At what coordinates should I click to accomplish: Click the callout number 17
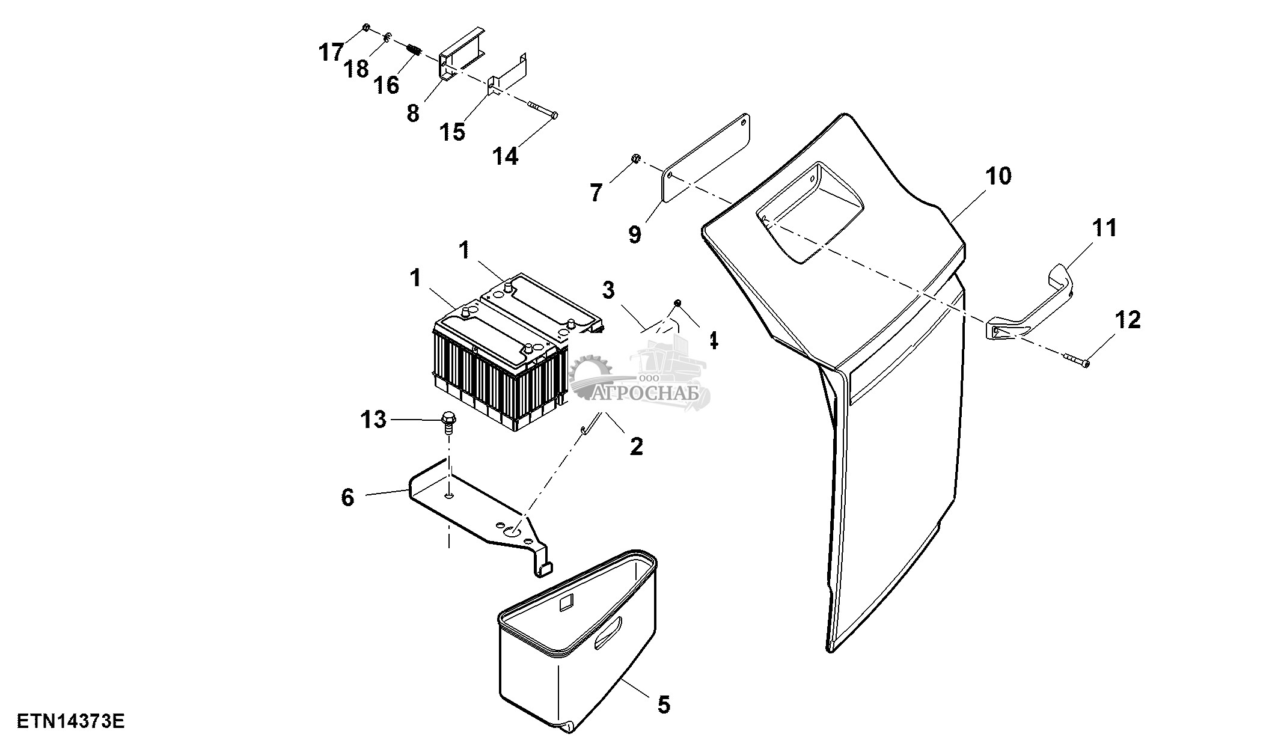point(331,52)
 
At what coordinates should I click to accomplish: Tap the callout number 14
point(505,156)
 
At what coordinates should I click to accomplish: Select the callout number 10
point(998,176)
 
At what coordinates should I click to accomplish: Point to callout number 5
point(664,704)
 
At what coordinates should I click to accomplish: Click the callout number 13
point(373,419)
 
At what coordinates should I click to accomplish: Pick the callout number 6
point(348,498)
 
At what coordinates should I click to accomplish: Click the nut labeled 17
point(366,28)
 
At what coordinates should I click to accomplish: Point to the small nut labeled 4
point(677,302)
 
